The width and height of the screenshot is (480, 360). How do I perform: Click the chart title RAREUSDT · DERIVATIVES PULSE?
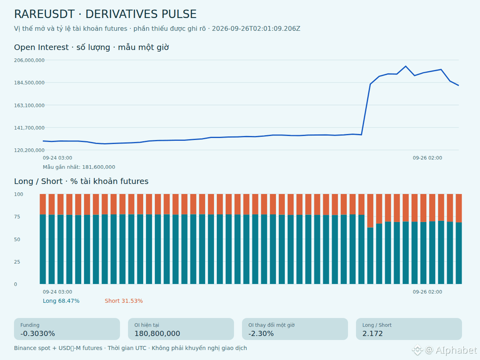[105, 14]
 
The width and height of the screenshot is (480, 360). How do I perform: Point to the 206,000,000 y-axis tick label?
[29, 60]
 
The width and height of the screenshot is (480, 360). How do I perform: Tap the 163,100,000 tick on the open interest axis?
[29, 105]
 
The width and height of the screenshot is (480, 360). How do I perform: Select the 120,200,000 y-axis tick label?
[29, 150]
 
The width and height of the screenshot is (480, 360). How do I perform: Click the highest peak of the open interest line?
[406, 66]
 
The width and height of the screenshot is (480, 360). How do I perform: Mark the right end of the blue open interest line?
[458, 86]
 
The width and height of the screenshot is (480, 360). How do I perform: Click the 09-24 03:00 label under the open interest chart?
[57, 158]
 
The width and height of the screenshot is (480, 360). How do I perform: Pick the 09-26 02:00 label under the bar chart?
[427, 292]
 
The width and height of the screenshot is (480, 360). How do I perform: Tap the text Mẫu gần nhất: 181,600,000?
[79, 167]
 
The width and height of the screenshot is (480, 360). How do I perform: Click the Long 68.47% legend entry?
[61, 301]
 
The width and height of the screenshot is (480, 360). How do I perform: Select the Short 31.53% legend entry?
[124, 301]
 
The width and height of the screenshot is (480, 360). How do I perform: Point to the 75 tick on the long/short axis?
[17, 217]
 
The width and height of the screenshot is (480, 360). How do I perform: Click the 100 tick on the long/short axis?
[18, 194]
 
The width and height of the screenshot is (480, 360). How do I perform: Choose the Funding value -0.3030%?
[38, 334]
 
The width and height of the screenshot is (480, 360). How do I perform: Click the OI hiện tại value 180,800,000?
[157, 334]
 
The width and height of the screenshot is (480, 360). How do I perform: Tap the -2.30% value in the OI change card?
[261, 334]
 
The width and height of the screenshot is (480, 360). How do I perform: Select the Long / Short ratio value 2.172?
[373, 334]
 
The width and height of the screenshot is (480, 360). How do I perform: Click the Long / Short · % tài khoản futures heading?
[81, 182]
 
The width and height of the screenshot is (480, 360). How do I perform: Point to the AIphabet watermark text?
[456, 350]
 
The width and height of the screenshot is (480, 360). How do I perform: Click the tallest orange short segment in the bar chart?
[370, 211]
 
